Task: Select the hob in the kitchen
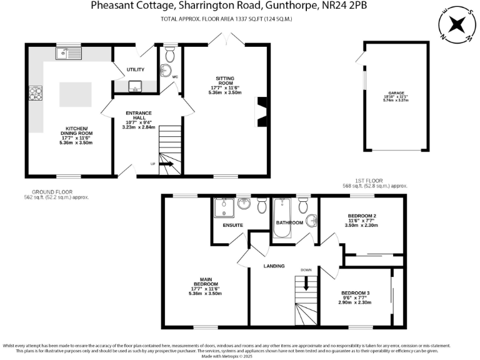click(34, 94)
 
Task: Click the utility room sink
click(135, 86)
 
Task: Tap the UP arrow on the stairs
click(166, 164)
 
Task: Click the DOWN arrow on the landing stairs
click(306, 283)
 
